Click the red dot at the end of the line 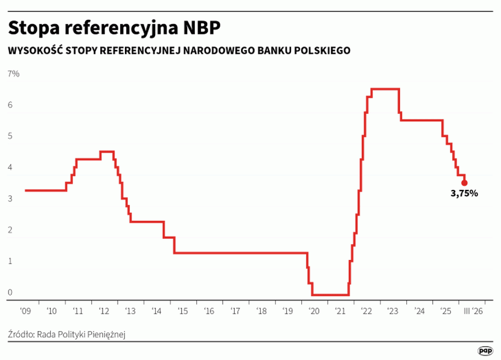[x=464, y=183]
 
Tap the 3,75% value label [x=464, y=194]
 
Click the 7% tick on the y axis [x=13, y=74]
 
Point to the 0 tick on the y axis [x=10, y=293]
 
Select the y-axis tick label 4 [x=10, y=168]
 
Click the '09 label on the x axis [x=25, y=311]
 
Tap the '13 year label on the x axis [x=130, y=311]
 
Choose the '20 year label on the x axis [x=314, y=311]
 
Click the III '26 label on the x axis [x=471, y=311]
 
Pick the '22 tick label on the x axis [x=366, y=311]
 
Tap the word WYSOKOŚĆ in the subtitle [x=34, y=51]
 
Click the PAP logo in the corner [x=485, y=350]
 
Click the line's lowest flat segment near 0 [x=330, y=295]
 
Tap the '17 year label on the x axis [x=235, y=311]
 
